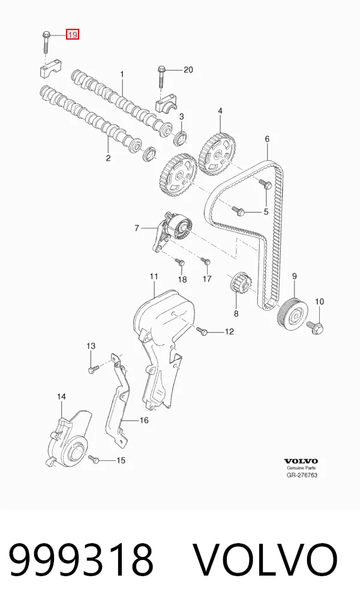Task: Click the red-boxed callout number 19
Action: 73,35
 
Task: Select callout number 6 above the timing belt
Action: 267,139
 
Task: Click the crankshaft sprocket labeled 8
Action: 241,284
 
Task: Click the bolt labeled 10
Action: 316,327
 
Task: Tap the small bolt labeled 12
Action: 202,331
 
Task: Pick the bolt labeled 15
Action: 94,459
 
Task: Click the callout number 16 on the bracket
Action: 144,420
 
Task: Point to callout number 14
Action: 61,396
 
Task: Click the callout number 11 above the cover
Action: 154,276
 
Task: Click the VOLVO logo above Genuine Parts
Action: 301,461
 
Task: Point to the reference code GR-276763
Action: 302,475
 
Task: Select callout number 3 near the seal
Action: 182,116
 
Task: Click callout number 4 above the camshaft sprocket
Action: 220,111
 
